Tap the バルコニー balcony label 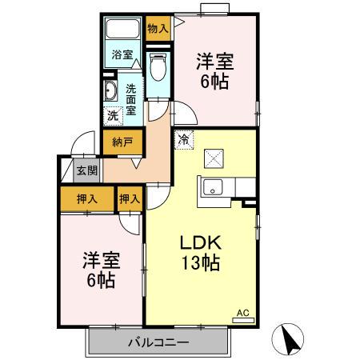pyautogui.click(x=158, y=343)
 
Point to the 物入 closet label pyautogui.click(x=158, y=28)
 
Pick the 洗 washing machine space pyautogui.click(x=113, y=115)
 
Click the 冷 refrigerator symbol pyautogui.click(x=184, y=138)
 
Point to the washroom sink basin pyautogui.click(x=111, y=90)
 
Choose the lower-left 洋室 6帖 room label pyautogui.click(x=99, y=270)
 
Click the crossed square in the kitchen pyautogui.click(x=215, y=158)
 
